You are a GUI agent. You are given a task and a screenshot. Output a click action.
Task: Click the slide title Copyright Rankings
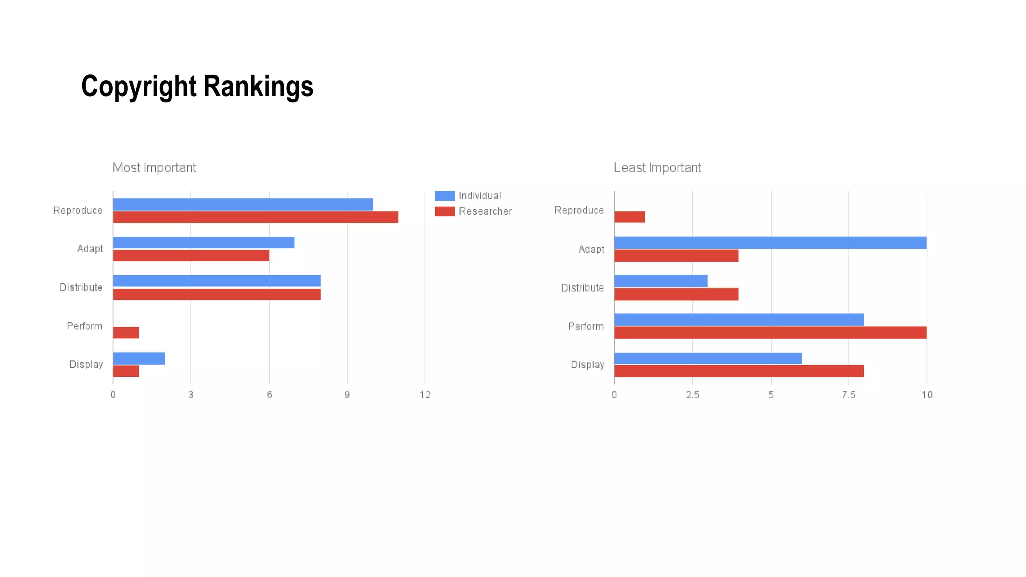tap(197, 86)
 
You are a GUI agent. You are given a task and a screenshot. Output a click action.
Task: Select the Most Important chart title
tap(154, 168)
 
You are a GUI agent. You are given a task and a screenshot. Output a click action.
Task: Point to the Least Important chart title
tap(657, 168)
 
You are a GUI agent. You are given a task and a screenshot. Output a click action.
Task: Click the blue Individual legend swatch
tap(444, 196)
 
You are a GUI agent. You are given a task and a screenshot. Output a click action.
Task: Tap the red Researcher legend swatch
tap(444, 211)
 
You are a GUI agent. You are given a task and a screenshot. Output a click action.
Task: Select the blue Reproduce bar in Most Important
tap(242, 204)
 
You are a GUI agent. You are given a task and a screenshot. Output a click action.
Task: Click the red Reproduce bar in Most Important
tap(255, 217)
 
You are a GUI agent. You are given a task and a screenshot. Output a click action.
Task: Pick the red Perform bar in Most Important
tap(126, 333)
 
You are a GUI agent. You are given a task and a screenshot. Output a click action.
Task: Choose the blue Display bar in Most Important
tap(139, 358)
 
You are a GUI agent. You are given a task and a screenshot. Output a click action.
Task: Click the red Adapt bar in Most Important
tap(191, 255)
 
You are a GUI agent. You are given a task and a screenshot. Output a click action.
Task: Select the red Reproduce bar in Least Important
tap(629, 217)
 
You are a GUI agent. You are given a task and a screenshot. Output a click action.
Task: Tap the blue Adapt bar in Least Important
tap(770, 243)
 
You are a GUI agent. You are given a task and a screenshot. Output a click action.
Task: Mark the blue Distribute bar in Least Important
tap(661, 281)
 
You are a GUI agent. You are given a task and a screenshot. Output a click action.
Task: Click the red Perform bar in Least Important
tap(770, 333)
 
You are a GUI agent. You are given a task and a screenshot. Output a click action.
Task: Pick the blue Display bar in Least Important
tap(707, 358)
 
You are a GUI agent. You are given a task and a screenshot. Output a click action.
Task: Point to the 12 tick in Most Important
tap(425, 395)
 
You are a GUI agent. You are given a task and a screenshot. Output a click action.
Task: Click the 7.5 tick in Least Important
tap(848, 395)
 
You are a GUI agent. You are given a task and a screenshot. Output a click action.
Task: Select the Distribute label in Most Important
tap(81, 287)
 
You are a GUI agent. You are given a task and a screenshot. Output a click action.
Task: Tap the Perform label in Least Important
tap(586, 326)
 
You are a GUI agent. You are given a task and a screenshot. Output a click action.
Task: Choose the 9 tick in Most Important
tap(347, 395)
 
